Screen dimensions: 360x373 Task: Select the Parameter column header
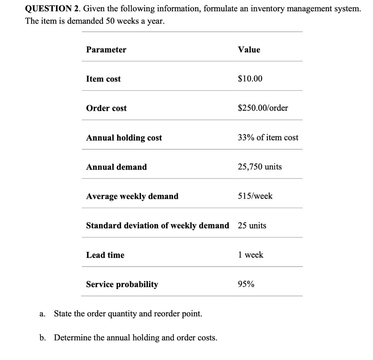106,50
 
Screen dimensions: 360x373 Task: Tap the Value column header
249,50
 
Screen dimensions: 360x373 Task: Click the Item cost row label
103,79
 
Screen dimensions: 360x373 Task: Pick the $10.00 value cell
250,79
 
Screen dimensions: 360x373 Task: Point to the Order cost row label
106,108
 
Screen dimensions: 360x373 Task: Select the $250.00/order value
263,108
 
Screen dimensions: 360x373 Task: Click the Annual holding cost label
124,138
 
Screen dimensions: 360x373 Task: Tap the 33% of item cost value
268,138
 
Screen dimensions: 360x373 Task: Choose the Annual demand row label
116,167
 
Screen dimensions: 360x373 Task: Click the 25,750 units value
259,167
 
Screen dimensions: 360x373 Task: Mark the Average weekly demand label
132,196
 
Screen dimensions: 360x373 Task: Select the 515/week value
255,196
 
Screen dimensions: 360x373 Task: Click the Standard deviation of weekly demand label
157,226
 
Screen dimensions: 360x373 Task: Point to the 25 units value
252,226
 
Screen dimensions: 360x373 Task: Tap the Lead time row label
105,255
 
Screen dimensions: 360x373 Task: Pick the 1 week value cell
250,255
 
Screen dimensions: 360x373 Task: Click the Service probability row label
122,284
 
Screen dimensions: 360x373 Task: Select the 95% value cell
246,284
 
